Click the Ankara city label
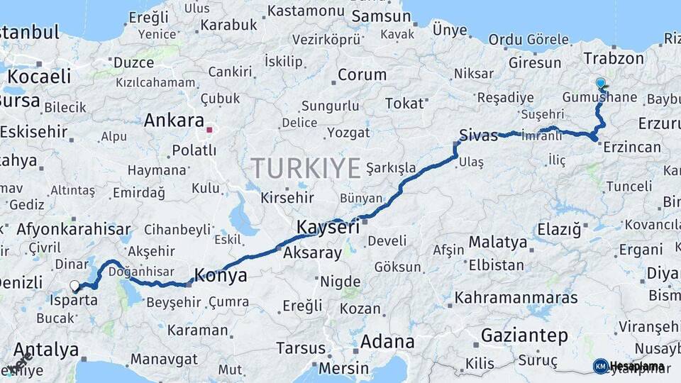point(174,121)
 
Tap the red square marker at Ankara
point(209,130)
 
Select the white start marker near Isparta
point(74,286)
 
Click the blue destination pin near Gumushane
point(601,84)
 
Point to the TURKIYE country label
point(306,169)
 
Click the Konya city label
point(221,276)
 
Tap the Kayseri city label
point(327,228)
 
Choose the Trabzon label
point(613,59)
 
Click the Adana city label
point(387,341)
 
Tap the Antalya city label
point(46,350)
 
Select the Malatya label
point(498,243)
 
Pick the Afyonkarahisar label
point(73,229)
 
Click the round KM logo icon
point(600,366)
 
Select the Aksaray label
point(312,252)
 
